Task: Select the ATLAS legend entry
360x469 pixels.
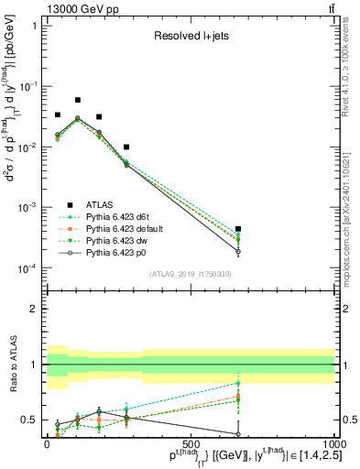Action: tap(104, 205)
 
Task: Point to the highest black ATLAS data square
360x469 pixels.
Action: tap(78, 100)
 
